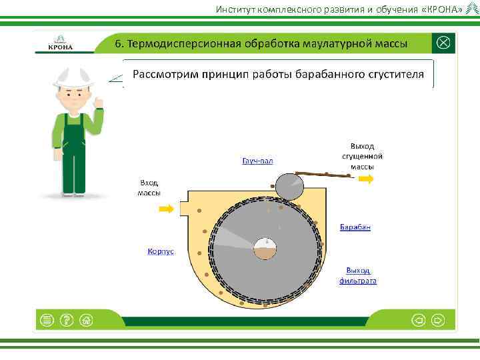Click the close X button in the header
[444, 43]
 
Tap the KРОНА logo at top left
[61, 43]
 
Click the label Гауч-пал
[257, 161]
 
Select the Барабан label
[355, 227]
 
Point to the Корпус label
[161, 251]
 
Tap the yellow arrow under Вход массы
[166, 209]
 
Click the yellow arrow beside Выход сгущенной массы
[365, 179]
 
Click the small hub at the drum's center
[266, 249]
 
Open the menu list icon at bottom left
[47, 320]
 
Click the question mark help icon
[66, 320]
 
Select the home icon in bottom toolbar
[85, 320]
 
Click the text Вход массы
[149, 187]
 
